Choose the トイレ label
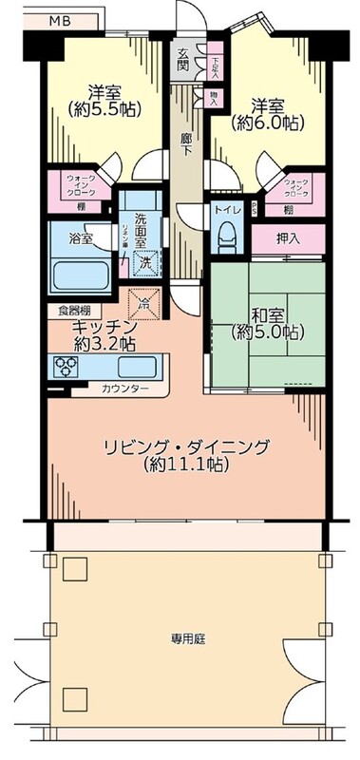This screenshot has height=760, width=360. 226,209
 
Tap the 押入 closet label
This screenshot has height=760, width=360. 290,238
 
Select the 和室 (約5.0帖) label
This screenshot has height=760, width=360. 267,322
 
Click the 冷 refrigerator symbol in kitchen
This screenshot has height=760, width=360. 145,304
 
